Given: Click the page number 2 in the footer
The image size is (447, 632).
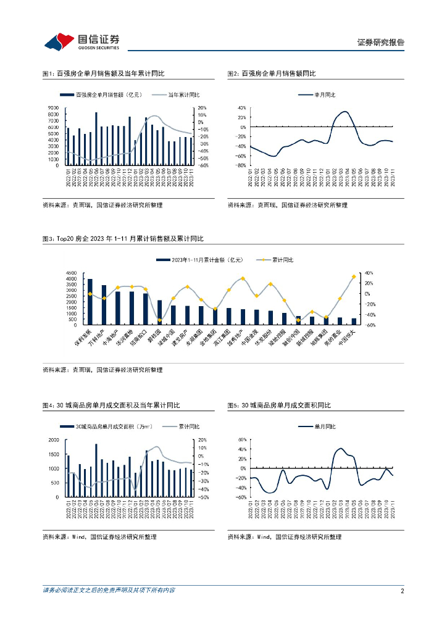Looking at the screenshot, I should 402,591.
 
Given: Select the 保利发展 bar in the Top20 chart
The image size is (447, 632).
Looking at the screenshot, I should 90,301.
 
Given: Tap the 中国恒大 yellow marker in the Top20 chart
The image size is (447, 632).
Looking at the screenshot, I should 354,277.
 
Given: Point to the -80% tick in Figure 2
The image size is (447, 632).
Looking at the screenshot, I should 241,165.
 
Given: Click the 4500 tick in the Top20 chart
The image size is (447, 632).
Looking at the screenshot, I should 70,273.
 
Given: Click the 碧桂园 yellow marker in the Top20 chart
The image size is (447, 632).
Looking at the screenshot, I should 160,320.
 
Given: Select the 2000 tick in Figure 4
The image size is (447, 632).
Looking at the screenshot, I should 54,439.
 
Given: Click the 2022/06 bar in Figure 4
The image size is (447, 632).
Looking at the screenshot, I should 96,470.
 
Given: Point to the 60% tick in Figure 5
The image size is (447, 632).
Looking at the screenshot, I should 241,439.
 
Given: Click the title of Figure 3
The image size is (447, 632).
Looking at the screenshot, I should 122,238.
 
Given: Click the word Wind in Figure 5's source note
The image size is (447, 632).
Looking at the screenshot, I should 263,537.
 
